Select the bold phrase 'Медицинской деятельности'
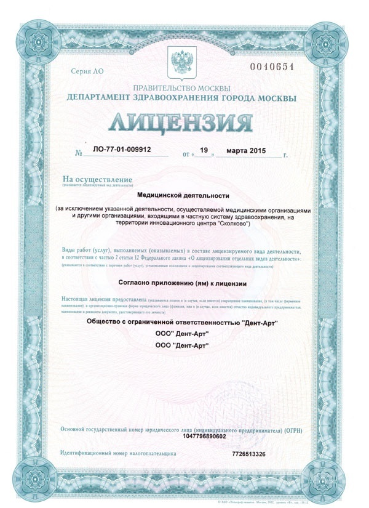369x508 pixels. (x=183, y=195)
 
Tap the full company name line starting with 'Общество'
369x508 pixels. (x=183, y=322)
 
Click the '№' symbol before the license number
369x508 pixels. (x=78, y=151)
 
